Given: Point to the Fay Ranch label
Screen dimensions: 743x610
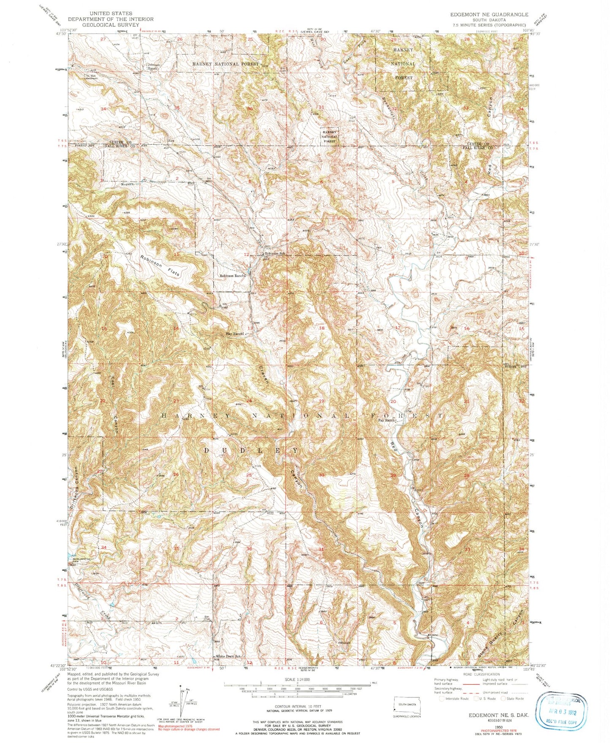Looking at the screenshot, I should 386,420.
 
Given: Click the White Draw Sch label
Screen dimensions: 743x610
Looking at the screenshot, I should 228,656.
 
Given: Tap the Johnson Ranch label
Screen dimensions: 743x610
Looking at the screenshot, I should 152,66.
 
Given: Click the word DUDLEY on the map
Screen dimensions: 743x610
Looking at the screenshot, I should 252,450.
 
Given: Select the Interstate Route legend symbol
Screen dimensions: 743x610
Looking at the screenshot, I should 442,698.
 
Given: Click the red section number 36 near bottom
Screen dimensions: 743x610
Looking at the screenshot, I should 249,549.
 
